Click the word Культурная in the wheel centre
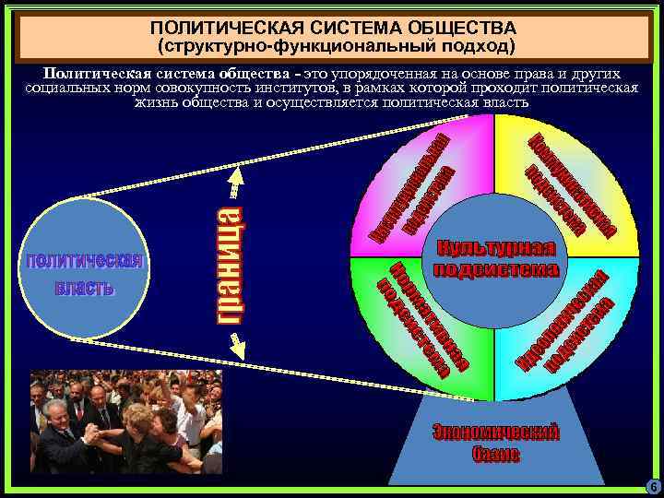click(496, 250)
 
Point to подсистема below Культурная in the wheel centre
click(496, 269)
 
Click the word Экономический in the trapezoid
click(496, 433)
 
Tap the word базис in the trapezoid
click(496, 454)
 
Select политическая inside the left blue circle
click(84, 260)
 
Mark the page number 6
click(653, 486)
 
